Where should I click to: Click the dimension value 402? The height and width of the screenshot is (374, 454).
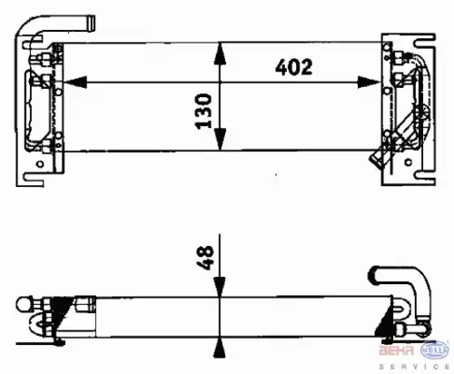(x=293, y=67)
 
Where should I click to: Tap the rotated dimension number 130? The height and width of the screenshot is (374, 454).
(x=203, y=111)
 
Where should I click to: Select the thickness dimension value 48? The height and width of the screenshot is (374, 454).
(x=205, y=258)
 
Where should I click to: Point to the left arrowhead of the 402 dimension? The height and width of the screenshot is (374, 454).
(x=75, y=82)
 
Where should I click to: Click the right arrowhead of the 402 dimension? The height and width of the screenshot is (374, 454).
(x=369, y=82)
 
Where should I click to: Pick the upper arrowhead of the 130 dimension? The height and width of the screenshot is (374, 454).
(x=220, y=54)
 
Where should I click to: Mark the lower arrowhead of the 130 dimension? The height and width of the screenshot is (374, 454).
(x=220, y=139)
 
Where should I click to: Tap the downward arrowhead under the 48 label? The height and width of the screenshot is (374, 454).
(x=220, y=287)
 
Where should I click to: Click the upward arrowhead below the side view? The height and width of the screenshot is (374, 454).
(x=220, y=349)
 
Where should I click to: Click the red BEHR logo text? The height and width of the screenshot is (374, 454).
(x=397, y=350)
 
